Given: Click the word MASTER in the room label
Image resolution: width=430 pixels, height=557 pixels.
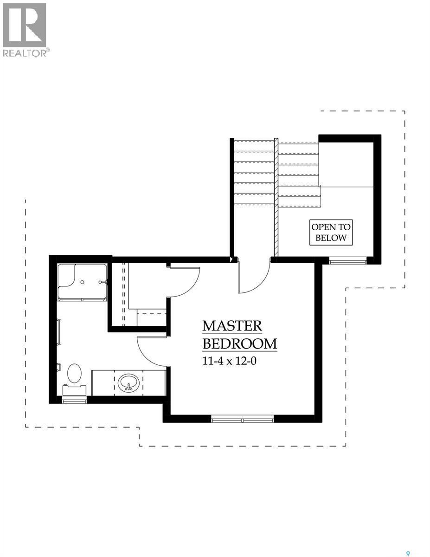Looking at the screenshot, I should tap(232, 326).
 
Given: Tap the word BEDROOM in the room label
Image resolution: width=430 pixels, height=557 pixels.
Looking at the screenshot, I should tap(240, 344).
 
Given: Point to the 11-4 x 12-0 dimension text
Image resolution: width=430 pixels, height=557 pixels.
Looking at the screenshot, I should tap(229, 361).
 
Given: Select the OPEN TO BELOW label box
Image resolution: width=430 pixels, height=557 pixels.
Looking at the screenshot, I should tap(331, 233).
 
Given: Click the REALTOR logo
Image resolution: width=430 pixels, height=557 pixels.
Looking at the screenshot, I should tap(25, 29).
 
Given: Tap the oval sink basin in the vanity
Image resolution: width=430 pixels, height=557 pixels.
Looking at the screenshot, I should tap(128, 383).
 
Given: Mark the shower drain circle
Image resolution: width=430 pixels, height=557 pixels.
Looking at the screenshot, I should tap(82, 282).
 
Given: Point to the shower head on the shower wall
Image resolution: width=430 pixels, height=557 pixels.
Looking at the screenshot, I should tap(106, 282).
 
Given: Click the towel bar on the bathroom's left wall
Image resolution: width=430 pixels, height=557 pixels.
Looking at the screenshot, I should tap(58, 331).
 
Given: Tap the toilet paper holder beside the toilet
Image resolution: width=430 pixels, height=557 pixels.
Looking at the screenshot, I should tap(58, 367).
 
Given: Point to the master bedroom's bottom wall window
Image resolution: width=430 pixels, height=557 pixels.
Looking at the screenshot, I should tap(243, 419).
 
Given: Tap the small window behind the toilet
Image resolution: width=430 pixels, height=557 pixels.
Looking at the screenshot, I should tap(74, 400).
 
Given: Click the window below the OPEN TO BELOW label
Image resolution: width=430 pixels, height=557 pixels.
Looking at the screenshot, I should tap(348, 261).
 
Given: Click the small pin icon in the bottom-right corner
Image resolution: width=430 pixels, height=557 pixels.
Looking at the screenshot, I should tap(409, 540).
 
